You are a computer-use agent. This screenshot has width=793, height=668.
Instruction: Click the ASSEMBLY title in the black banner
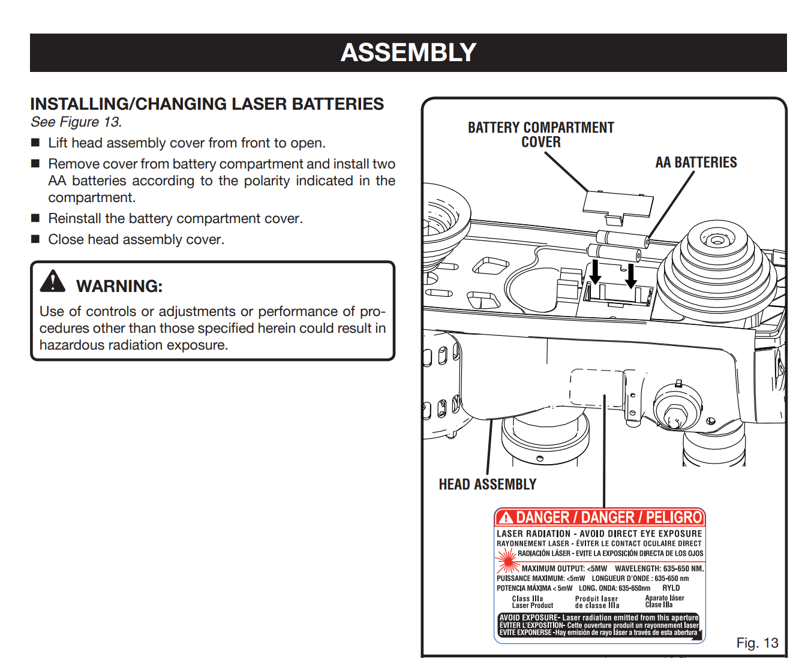408,53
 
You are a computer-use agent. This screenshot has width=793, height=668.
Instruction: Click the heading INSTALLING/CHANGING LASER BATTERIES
207,104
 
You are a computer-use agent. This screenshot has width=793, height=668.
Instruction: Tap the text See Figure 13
76,122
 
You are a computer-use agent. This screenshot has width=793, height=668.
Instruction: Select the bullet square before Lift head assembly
35,143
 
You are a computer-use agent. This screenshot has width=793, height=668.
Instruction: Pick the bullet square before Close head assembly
35,239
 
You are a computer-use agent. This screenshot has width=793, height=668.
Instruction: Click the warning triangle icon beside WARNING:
53,281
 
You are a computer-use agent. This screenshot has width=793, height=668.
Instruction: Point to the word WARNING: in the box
119,286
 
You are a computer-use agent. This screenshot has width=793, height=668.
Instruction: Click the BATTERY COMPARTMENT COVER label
540,135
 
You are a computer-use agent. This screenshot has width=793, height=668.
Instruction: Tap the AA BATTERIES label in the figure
696,163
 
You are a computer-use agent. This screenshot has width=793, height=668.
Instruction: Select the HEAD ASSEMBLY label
487,485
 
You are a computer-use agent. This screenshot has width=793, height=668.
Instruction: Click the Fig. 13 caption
757,643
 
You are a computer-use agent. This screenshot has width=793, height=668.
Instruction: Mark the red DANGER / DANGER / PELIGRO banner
600,517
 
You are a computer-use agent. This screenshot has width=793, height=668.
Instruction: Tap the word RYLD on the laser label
671,588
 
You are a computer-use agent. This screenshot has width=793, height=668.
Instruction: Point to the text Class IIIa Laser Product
532,602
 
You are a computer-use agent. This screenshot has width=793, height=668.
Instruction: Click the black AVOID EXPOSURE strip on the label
599,625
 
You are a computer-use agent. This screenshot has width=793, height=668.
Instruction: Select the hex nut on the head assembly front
676,413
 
